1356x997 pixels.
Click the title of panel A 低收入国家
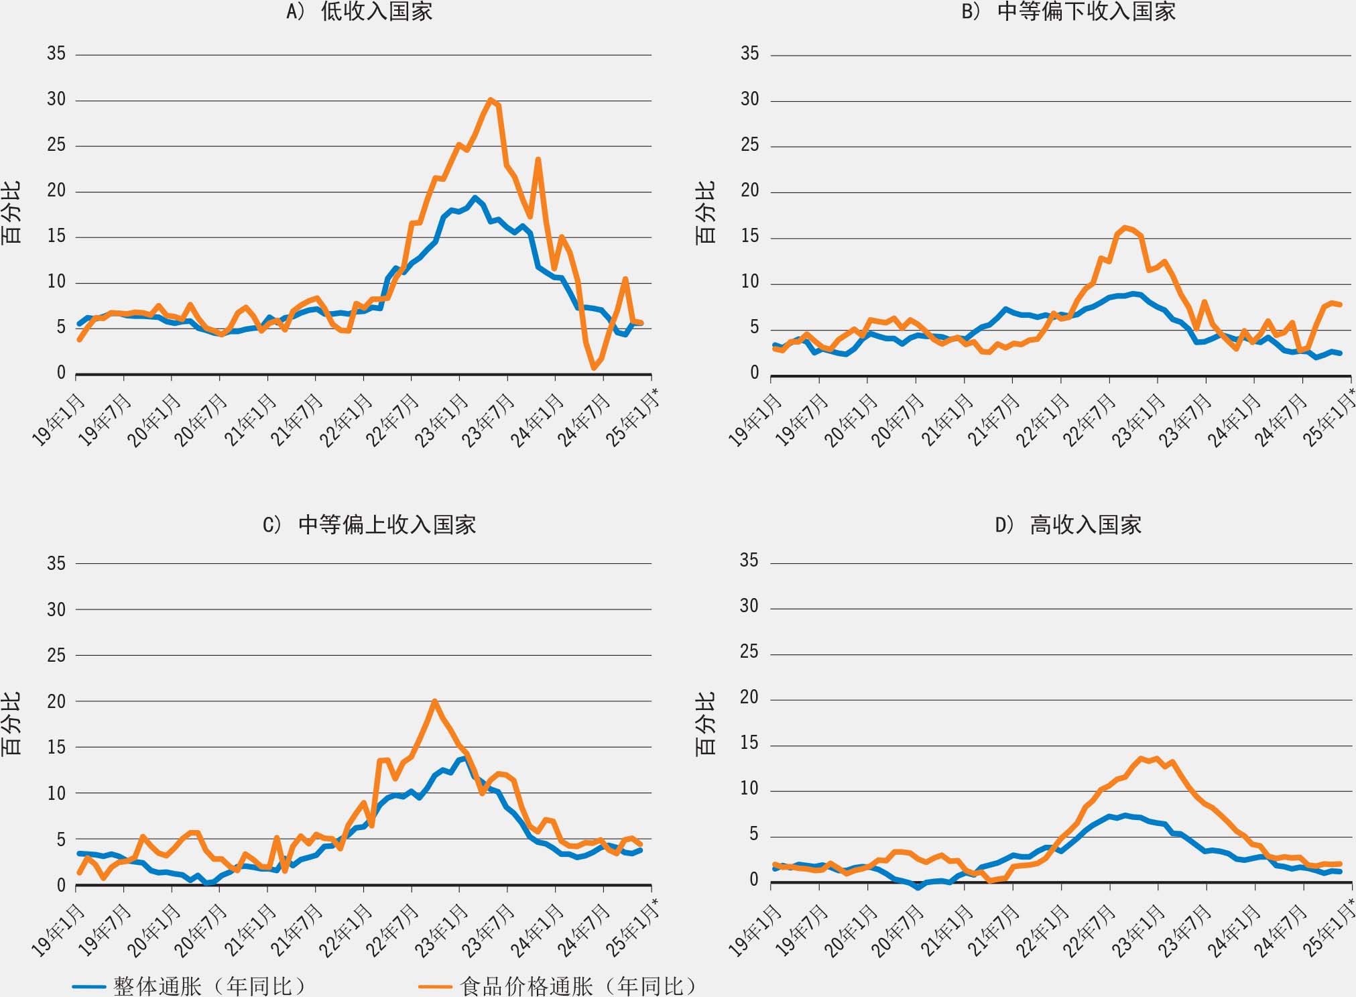click(x=360, y=11)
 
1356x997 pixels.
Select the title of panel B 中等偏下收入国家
click(x=1068, y=11)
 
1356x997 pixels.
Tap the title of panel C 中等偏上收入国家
click(x=369, y=524)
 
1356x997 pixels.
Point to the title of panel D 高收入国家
click(x=1068, y=524)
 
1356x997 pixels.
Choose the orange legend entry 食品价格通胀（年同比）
click(x=559, y=986)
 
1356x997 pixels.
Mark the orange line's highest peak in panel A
click(x=491, y=100)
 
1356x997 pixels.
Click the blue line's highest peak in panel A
click(x=475, y=197)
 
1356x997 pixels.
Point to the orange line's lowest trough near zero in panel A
click(x=594, y=368)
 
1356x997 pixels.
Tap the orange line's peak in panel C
click(x=435, y=701)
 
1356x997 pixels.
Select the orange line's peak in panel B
click(x=1125, y=227)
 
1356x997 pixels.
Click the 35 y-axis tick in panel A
click(x=56, y=54)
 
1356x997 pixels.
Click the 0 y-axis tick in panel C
click(x=61, y=885)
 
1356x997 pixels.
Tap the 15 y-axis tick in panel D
click(x=749, y=744)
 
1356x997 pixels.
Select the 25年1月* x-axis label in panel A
click(x=631, y=420)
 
